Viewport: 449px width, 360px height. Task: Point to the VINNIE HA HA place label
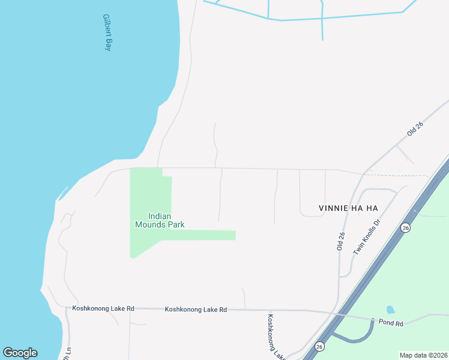click(x=348, y=208)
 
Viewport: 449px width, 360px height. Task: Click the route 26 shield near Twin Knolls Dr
click(x=406, y=228)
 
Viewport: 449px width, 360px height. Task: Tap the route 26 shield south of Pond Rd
click(x=320, y=346)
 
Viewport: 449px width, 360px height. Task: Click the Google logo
click(x=20, y=353)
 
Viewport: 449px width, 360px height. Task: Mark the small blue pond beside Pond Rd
click(x=391, y=310)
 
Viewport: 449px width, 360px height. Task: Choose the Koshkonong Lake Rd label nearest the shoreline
click(x=103, y=308)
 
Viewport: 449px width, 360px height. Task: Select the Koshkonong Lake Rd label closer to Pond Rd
click(x=196, y=310)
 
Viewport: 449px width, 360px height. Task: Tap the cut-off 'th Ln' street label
click(x=67, y=355)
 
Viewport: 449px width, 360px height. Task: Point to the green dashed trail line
click(x=396, y=176)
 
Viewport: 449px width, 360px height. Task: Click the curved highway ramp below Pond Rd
click(x=354, y=341)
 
